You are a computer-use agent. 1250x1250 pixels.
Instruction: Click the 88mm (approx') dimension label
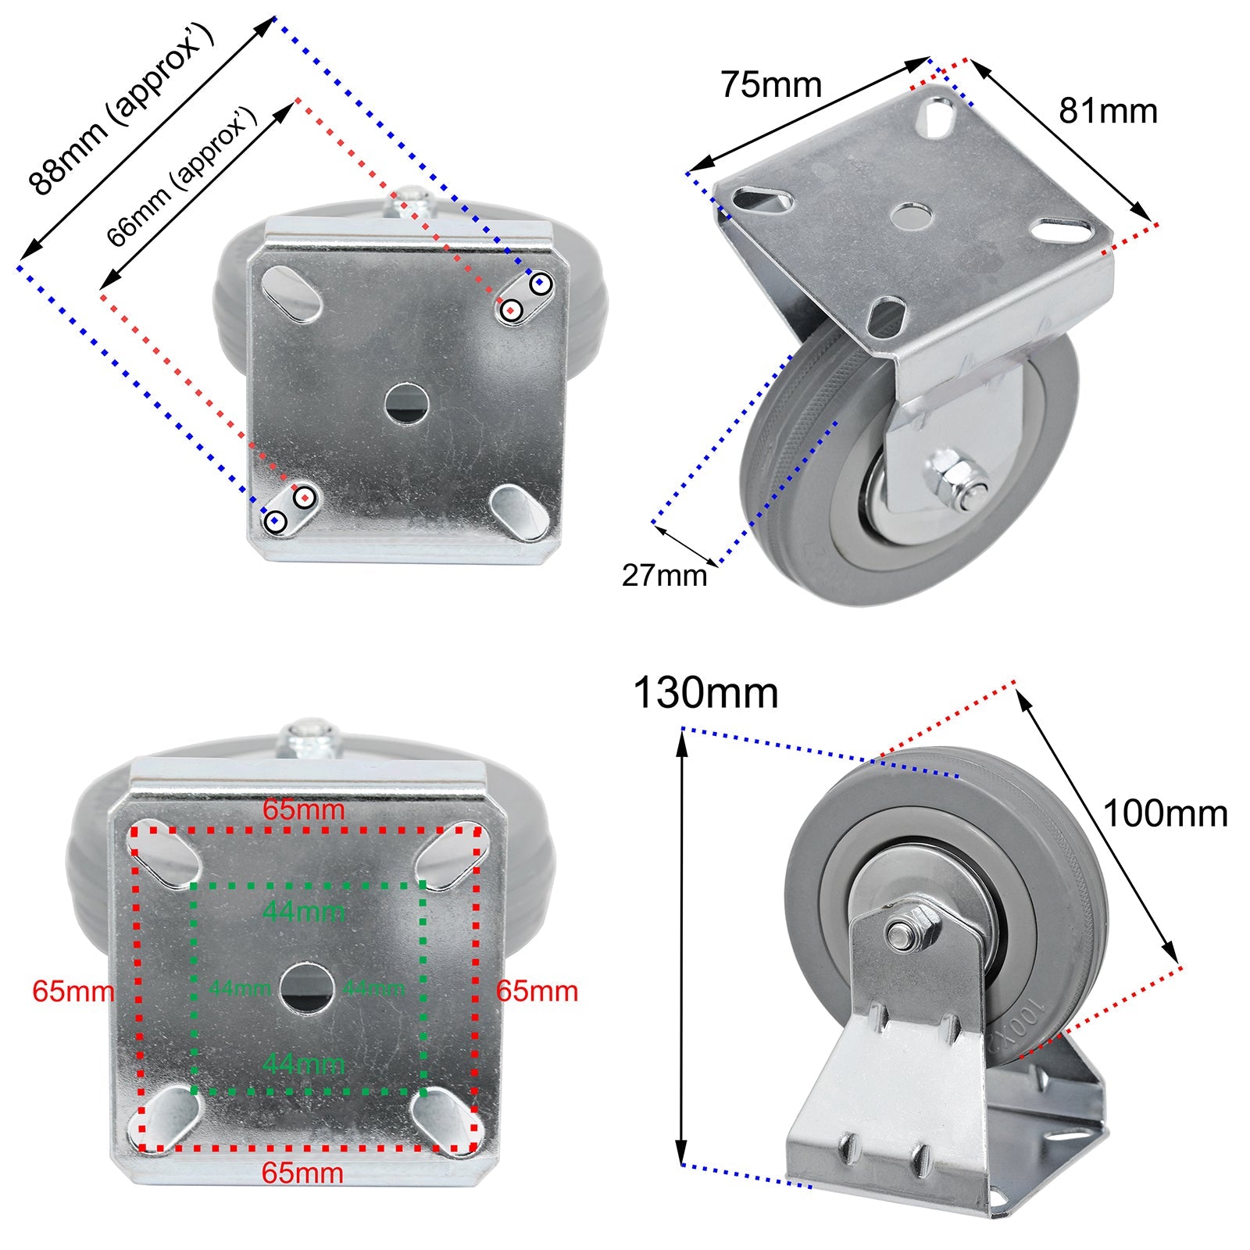[x=121, y=109]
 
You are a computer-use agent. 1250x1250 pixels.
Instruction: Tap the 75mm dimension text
[x=770, y=84]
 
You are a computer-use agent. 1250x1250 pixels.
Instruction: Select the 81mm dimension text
[x=1107, y=111]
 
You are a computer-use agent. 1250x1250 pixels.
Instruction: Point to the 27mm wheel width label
[x=663, y=576]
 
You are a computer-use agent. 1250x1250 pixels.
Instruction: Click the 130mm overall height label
[x=705, y=693]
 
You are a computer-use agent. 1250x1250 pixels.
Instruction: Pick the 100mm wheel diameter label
[x=1164, y=814]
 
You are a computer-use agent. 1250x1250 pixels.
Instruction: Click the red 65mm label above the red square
[x=303, y=809]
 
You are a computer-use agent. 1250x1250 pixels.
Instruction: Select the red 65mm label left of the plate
[x=73, y=991]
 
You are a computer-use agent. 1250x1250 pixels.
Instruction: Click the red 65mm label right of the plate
[x=537, y=991]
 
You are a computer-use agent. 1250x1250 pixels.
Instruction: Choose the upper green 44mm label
[x=303, y=911]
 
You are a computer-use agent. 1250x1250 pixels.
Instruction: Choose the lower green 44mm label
[x=303, y=1063]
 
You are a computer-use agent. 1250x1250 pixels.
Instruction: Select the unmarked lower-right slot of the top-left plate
[x=520, y=512]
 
